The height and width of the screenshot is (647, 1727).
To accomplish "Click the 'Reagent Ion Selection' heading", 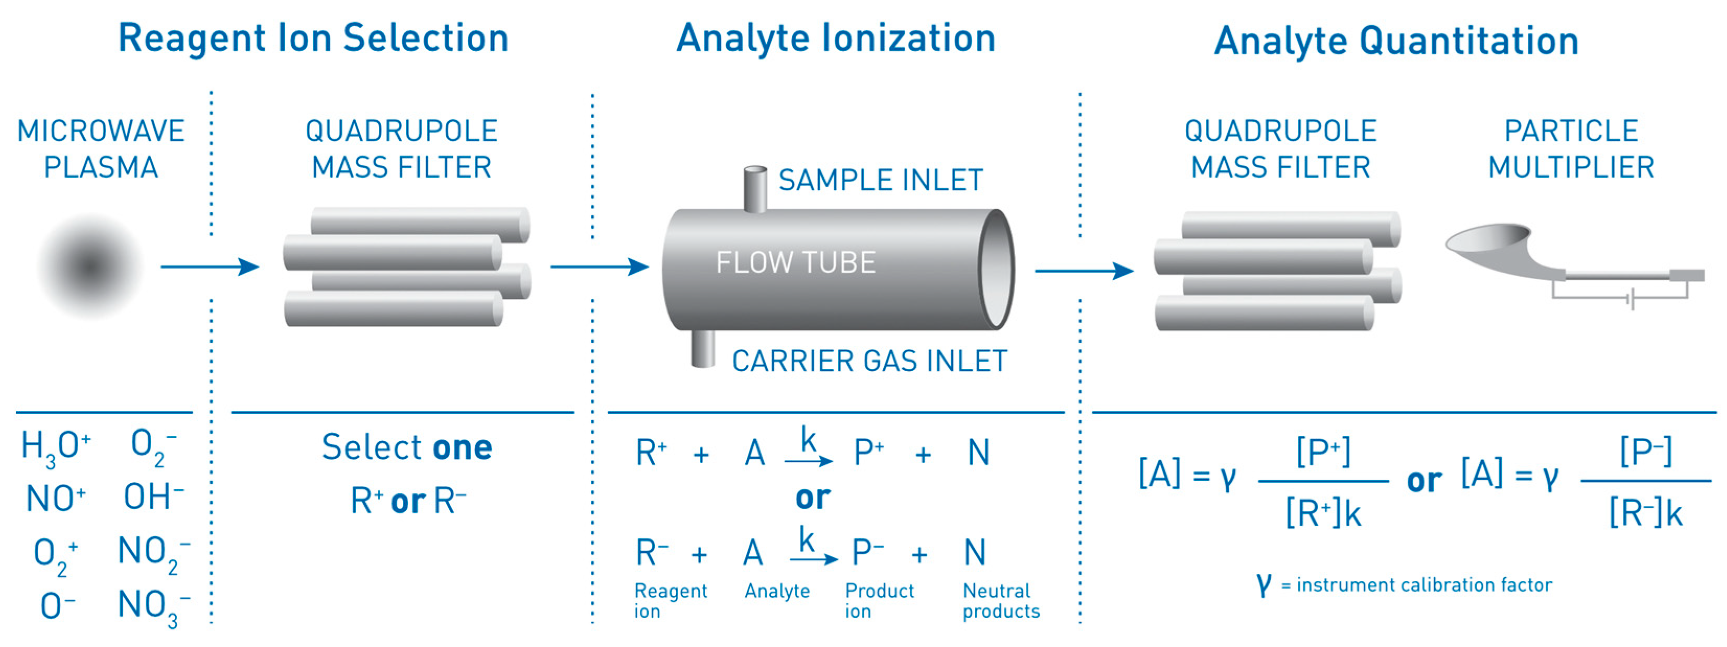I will click(x=313, y=38).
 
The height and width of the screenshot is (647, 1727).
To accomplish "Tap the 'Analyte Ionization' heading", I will click(x=835, y=38).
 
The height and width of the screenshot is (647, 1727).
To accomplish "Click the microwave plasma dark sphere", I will click(x=90, y=266).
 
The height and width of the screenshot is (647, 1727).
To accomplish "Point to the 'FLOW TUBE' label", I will click(x=795, y=262).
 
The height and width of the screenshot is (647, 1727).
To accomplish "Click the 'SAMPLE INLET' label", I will click(x=880, y=180).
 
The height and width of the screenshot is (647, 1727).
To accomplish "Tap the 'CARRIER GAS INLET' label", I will click(x=869, y=361).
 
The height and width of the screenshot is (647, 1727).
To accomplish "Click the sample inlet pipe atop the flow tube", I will click(x=756, y=189).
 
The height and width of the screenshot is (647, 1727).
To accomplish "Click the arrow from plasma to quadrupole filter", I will click(x=209, y=267).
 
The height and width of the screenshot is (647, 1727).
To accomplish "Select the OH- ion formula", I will click(x=153, y=498).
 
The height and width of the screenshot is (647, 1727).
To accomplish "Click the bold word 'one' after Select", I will click(x=463, y=448).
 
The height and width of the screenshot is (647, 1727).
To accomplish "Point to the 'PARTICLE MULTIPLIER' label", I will click(x=1570, y=149).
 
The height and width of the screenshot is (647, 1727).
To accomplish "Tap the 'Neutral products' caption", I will click(x=1000, y=600).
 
